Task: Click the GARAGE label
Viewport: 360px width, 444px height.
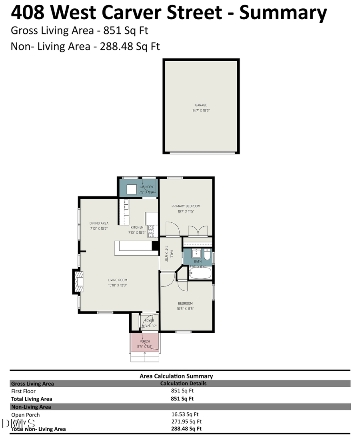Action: click(201, 105)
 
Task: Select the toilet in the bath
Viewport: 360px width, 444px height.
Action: click(207, 255)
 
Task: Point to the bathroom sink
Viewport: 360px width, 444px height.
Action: click(196, 254)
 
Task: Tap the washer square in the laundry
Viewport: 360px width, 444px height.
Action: click(132, 189)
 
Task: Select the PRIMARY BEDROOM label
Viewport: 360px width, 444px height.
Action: click(186, 206)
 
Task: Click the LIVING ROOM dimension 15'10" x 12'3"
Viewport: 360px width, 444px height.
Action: click(117, 285)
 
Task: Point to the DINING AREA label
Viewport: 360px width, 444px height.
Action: click(99, 223)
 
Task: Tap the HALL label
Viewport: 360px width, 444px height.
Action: click(172, 254)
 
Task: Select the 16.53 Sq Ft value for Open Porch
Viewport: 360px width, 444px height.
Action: click(185, 414)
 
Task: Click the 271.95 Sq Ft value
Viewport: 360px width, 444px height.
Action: click(186, 421)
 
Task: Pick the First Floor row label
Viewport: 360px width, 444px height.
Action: click(23, 391)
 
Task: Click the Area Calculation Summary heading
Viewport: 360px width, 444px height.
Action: click(176, 376)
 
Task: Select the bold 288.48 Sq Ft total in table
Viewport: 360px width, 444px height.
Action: click(186, 428)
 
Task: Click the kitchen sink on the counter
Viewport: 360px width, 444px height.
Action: click(126, 204)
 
